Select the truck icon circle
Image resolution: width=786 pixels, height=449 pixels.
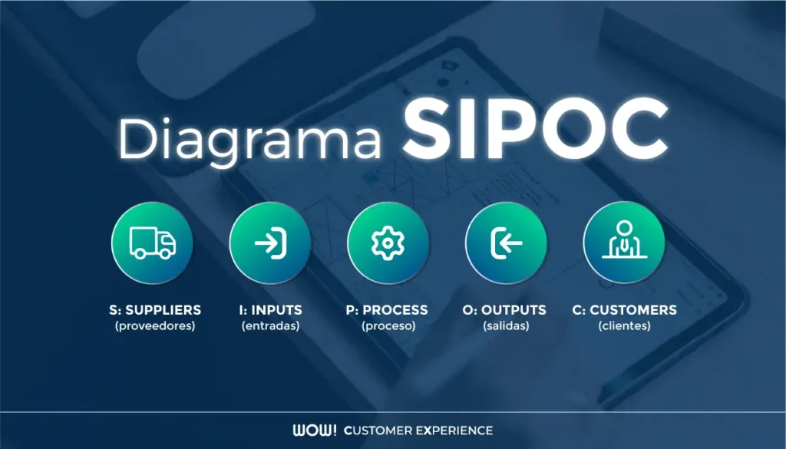[152, 243]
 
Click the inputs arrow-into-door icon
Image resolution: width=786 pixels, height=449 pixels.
[270, 243]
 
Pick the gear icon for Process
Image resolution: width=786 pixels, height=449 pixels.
[388, 243]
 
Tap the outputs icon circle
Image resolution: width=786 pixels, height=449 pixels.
[506, 243]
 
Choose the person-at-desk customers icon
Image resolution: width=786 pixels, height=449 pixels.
[623, 243]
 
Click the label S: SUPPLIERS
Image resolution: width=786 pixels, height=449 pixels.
[155, 310]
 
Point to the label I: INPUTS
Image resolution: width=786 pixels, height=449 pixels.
[270, 310]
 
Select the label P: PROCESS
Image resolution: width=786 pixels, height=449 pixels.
[387, 310]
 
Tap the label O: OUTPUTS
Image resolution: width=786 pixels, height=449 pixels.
[505, 310]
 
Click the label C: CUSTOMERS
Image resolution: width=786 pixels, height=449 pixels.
[625, 310]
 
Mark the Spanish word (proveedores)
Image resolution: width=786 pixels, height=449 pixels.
[155, 326]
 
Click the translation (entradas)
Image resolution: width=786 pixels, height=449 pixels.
[270, 326]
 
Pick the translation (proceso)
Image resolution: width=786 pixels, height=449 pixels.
[388, 326]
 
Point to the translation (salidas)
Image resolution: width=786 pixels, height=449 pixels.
[506, 326]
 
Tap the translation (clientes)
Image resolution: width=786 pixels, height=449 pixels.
[625, 326]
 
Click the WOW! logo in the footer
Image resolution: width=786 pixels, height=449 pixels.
[314, 430]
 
